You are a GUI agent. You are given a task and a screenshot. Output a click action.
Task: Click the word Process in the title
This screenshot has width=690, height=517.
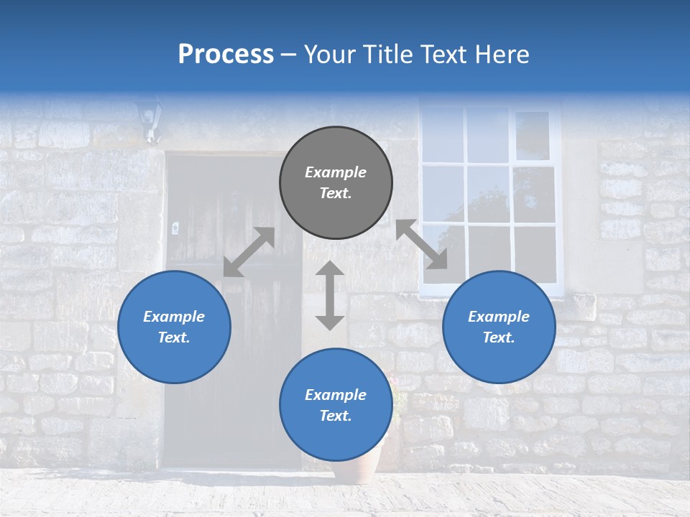click(x=226, y=55)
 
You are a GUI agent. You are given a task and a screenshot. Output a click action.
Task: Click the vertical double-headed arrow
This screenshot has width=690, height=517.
click(x=330, y=295)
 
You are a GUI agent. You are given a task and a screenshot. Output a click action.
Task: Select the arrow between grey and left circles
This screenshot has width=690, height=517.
click(x=249, y=252)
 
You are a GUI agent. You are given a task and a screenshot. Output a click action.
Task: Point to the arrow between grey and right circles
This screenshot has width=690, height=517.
click(x=421, y=244)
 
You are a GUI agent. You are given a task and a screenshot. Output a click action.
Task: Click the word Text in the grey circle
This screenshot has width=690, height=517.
click(x=335, y=193)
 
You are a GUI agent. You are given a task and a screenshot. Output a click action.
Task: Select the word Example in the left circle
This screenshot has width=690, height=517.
click(x=174, y=317)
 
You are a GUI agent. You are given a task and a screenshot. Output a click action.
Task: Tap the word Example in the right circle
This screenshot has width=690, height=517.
click(x=499, y=317)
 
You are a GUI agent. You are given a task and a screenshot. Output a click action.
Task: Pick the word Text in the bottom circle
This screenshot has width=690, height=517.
click(x=335, y=416)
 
